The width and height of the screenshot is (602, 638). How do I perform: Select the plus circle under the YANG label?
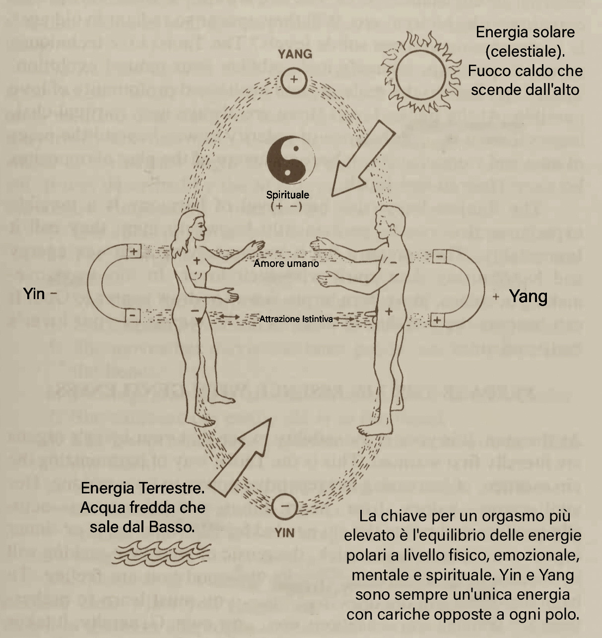(x=294, y=80)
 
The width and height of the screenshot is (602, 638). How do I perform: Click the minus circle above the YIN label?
(x=284, y=507)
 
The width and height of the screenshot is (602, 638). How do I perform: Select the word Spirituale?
(x=287, y=195)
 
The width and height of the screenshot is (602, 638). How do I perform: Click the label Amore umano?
(x=286, y=263)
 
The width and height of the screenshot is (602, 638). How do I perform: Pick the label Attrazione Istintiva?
(x=296, y=319)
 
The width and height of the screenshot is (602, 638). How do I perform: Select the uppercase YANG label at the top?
(x=295, y=54)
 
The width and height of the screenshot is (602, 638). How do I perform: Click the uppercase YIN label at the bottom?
(x=284, y=533)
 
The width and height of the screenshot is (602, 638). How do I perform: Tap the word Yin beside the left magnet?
(x=34, y=294)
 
